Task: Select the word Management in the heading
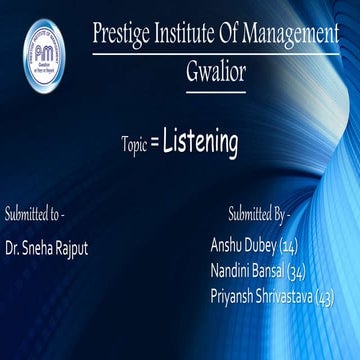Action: point(291,34)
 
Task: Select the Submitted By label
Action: point(259,213)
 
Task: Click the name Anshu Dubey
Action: point(243,246)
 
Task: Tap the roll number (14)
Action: point(288,246)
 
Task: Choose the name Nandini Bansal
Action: point(247,270)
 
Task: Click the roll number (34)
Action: point(296,270)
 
